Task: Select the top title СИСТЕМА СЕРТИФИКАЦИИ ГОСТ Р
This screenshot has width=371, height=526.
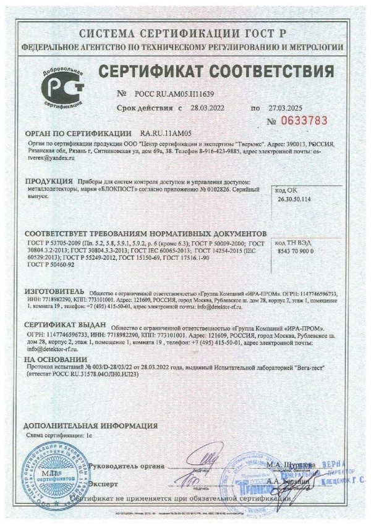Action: click(x=184, y=33)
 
